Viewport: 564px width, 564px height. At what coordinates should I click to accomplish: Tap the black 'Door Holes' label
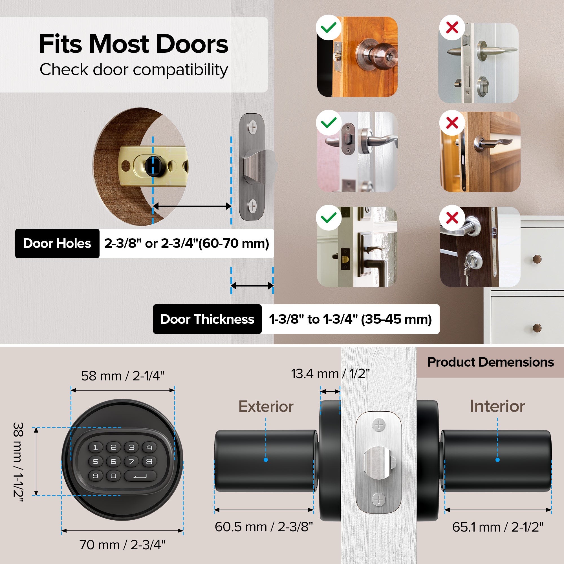(x=57, y=243)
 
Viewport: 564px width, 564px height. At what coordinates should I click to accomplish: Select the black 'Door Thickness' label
(x=207, y=319)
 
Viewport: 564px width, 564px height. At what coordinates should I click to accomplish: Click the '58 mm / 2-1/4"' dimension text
(x=123, y=376)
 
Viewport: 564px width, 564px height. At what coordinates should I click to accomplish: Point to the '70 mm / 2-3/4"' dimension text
(x=122, y=545)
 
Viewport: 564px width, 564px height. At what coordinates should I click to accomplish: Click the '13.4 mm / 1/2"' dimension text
(x=330, y=374)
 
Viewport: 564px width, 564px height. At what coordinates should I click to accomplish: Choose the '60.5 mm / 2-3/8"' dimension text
(x=264, y=527)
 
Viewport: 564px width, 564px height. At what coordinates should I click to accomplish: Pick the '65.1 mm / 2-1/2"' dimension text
(x=498, y=527)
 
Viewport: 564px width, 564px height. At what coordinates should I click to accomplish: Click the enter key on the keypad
(x=140, y=476)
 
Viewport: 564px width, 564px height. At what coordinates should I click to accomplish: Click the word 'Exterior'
(x=266, y=406)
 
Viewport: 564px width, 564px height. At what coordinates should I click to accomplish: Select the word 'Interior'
(x=497, y=406)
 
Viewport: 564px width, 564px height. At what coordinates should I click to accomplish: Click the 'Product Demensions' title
(x=490, y=362)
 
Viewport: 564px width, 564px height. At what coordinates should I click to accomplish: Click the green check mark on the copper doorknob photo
(x=329, y=27)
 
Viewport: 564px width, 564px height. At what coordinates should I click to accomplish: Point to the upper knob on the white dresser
(x=537, y=259)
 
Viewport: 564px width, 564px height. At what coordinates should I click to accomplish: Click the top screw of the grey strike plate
(x=252, y=127)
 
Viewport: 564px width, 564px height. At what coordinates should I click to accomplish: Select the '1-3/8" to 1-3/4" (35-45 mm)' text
(x=350, y=319)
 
